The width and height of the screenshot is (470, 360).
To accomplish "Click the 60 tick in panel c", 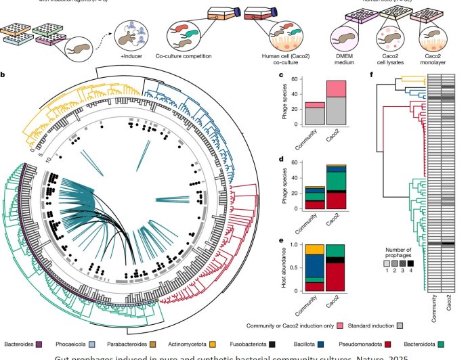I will click(x=296, y=79).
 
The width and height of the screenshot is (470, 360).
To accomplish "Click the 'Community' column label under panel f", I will click(x=433, y=311).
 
